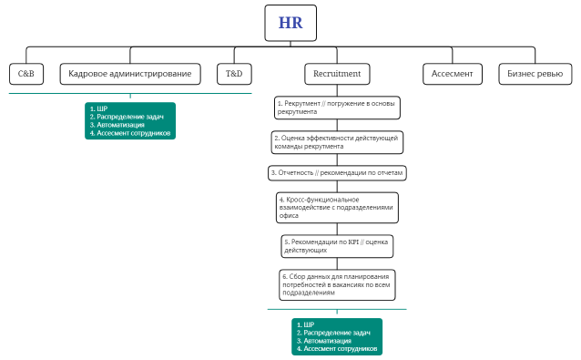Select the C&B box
click(x=25, y=73)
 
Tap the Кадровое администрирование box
click(x=129, y=73)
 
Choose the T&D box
click(x=233, y=73)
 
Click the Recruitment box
click(x=336, y=73)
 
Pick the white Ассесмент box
click(x=452, y=73)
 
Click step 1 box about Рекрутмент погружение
click(x=337, y=108)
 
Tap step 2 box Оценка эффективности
click(x=336, y=141)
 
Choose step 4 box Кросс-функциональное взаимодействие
click(x=337, y=206)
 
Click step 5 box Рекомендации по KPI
click(x=337, y=245)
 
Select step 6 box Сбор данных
click(x=337, y=284)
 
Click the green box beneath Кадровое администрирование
click(x=130, y=120)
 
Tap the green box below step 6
click(x=337, y=336)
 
